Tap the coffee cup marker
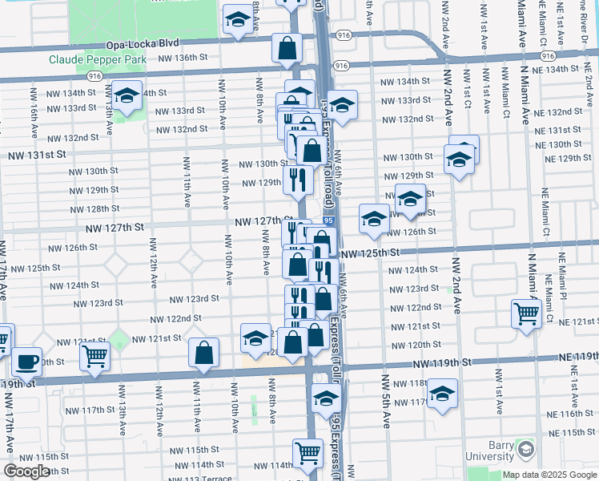[x=27, y=360]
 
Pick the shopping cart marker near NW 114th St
[x=307, y=452]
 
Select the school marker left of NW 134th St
[x=127, y=96]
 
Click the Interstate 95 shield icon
[x=328, y=220]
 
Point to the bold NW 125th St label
[x=369, y=253]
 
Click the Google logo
[x=27, y=471]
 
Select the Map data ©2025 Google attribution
[x=550, y=475]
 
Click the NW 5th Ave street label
[x=386, y=401]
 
